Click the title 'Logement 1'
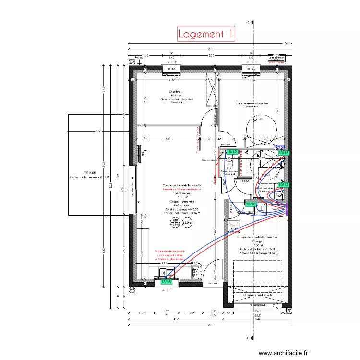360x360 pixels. (x=206, y=34)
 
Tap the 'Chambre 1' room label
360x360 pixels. (x=176, y=91)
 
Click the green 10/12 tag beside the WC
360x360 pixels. (x=231, y=152)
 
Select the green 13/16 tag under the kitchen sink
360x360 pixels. (x=166, y=282)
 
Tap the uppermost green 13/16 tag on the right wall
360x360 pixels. (x=284, y=153)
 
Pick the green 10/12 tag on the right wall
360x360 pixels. (x=283, y=185)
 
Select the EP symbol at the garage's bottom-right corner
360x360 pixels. (x=288, y=311)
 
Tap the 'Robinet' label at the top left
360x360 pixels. (x=140, y=56)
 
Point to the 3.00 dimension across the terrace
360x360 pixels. (x=98, y=132)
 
